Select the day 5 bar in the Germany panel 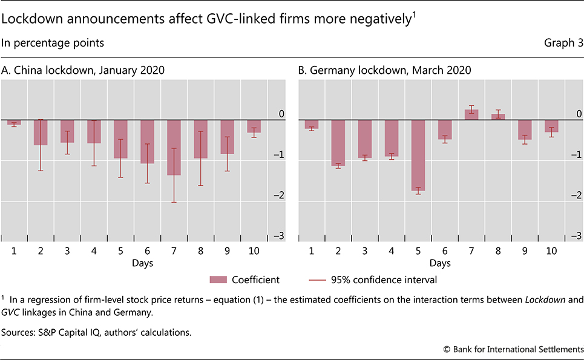[x=418, y=155]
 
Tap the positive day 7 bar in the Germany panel [x=471, y=114]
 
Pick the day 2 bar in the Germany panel [x=338, y=142]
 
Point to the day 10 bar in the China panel [x=254, y=126]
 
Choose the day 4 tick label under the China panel [x=94, y=250]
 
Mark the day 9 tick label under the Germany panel [x=524, y=250]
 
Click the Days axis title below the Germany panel [x=439, y=263]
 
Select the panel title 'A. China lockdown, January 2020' [x=84, y=71]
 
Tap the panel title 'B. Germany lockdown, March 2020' [x=385, y=71]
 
